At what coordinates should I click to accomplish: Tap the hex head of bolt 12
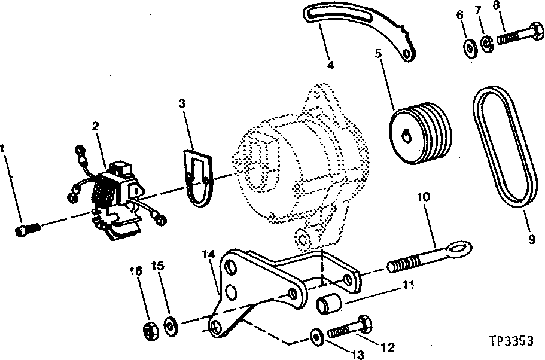tap(364, 325)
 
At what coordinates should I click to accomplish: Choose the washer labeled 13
tap(316, 337)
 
